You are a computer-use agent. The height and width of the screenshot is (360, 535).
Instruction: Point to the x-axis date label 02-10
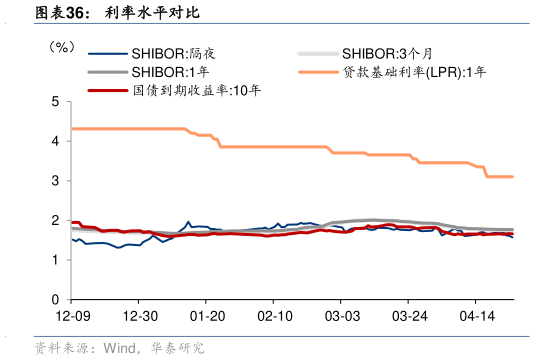pyautogui.click(x=272, y=316)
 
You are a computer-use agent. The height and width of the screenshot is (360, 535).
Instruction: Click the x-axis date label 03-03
pyautogui.click(x=340, y=316)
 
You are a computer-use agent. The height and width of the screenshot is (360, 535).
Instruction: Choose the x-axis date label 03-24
pyautogui.click(x=407, y=316)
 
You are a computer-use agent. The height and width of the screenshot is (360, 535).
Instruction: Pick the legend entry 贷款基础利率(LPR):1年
pyautogui.click(x=414, y=72)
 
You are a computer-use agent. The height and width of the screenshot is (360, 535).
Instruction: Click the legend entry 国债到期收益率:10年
pyautogui.click(x=196, y=90)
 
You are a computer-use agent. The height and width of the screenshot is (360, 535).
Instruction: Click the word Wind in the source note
pyautogui.click(x=117, y=348)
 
